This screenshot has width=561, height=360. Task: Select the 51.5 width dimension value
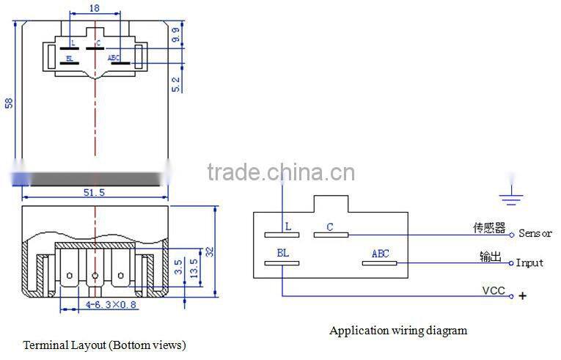point(95,192)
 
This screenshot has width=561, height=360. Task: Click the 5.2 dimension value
point(175,84)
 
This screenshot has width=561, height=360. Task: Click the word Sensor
point(535,234)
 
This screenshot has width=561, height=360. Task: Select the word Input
point(529,262)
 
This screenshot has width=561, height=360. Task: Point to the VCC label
point(493,291)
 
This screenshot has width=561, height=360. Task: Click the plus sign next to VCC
point(523,295)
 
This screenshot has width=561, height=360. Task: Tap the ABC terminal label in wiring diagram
point(380,254)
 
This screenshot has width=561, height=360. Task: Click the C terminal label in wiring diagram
point(330,227)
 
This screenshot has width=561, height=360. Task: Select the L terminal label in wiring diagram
point(288,227)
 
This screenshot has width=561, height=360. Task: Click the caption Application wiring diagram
point(397,331)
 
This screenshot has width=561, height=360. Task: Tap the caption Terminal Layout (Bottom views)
point(104,345)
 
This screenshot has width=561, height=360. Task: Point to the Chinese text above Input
point(492,256)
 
